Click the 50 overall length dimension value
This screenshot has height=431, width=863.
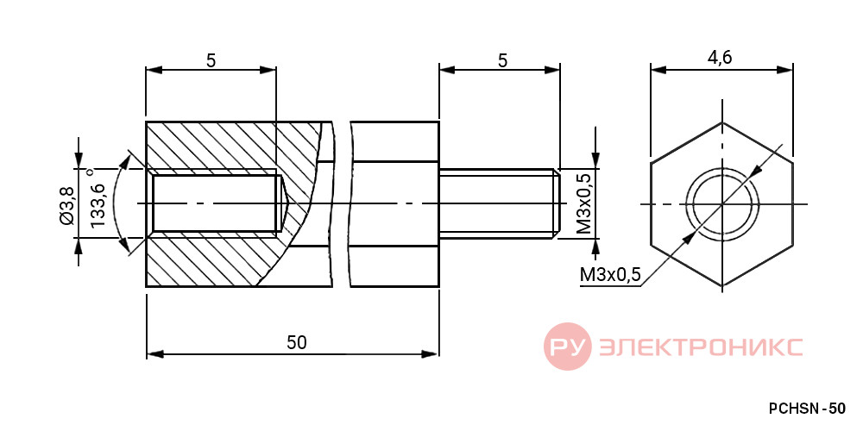[296, 342]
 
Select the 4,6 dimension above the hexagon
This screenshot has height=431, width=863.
[720, 58]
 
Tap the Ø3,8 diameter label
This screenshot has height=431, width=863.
[67, 203]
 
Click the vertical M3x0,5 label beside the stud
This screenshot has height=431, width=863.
[585, 203]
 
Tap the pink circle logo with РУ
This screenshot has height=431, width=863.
[568, 347]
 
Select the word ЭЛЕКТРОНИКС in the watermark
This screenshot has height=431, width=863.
[701, 347]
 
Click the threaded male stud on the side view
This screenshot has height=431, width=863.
[500, 204]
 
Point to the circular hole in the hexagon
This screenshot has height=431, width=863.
[722, 204]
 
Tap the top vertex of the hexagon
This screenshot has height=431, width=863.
[722, 122]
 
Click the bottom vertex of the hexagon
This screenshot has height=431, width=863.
[722, 286]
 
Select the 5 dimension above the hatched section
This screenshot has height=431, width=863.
[211, 60]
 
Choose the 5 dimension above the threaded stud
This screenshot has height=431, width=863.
[502, 60]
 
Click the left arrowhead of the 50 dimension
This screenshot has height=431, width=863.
[154, 354]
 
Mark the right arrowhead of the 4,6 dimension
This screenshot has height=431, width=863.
[785, 69]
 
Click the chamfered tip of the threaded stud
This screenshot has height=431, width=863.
[557, 204]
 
